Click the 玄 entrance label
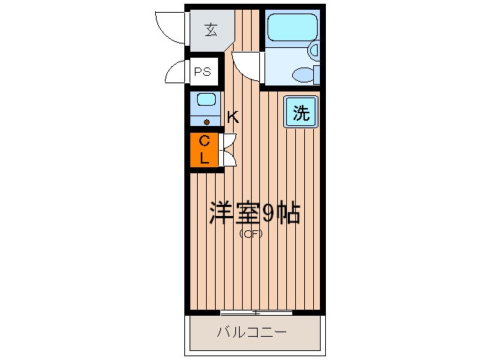coord(211,31)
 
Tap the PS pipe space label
coord(202,72)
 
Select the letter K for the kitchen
coord(233,117)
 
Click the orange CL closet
coord(204,149)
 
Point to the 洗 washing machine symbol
coord(300,114)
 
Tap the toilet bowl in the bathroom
coord(306,73)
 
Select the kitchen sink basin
coord(206,100)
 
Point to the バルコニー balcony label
coord(252,332)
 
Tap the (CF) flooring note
coord(251,234)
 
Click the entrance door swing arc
coord(169,25)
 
